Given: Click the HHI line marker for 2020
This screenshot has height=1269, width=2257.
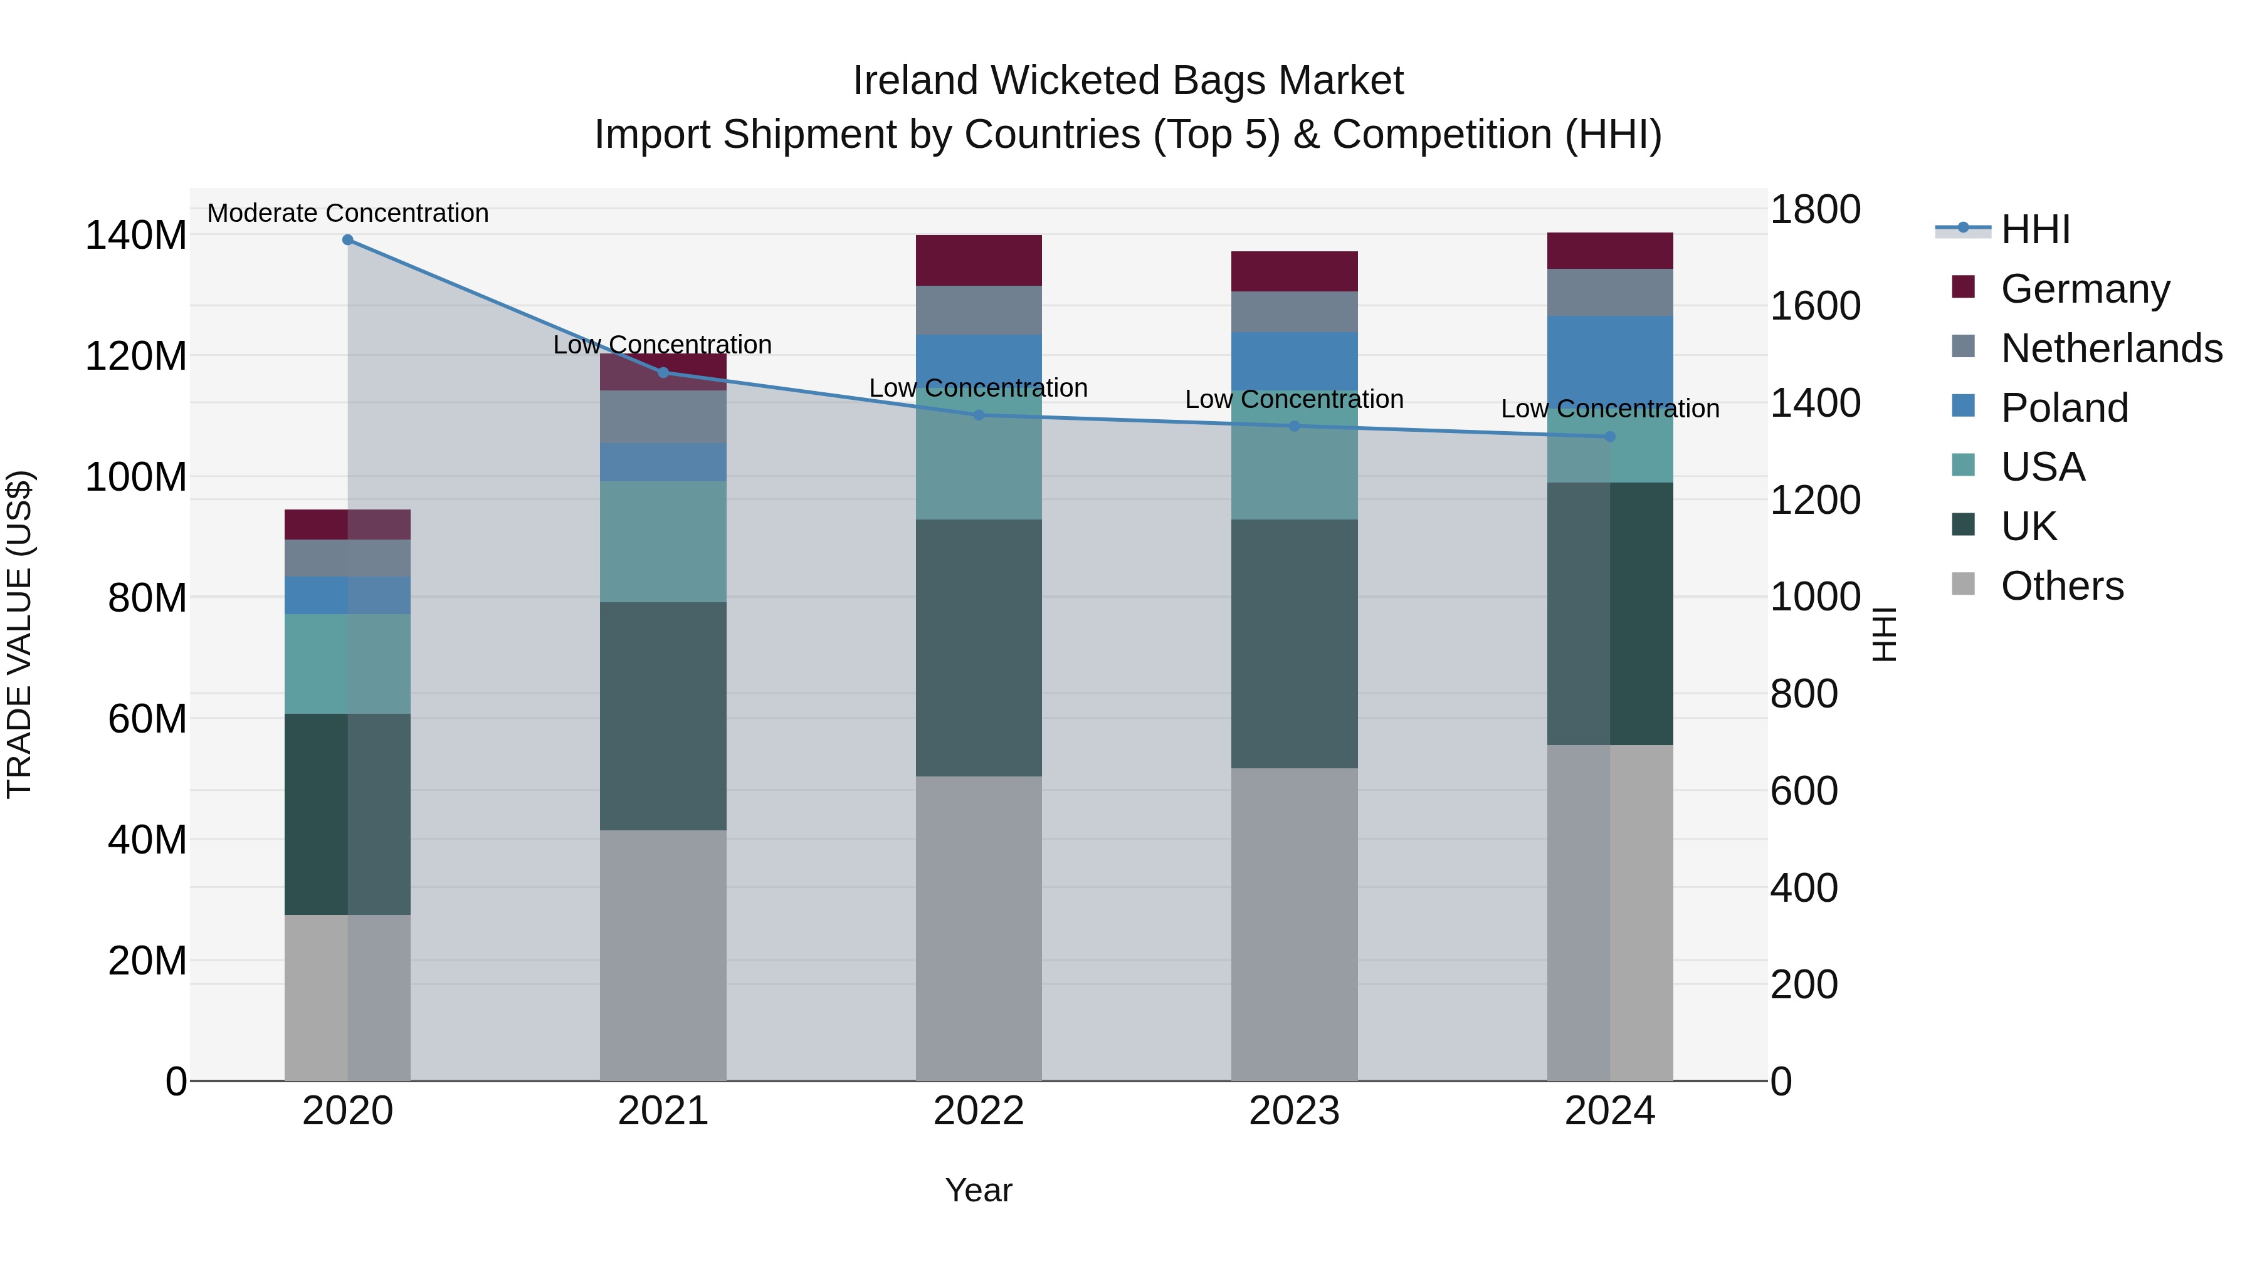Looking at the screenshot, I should click(x=348, y=240).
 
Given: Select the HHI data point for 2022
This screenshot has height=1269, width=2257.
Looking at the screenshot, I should click(x=979, y=415).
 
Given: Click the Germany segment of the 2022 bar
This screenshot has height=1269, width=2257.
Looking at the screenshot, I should click(x=979, y=260).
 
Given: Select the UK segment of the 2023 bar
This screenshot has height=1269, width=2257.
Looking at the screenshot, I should click(x=1294, y=644).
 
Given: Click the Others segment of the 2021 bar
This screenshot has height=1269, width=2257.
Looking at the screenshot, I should click(x=663, y=954).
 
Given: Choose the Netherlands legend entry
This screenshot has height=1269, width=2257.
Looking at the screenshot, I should click(x=2112, y=348).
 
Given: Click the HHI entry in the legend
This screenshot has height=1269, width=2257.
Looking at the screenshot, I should click(x=2035, y=229).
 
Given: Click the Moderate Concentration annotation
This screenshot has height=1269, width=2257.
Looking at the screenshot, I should click(x=348, y=213).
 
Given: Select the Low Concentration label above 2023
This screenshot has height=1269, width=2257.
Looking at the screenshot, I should click(x=1294, y=399).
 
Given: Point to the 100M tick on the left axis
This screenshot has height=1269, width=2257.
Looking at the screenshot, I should click(x=136, y=478).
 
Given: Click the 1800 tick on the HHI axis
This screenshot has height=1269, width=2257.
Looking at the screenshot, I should click(x=1814, y=210).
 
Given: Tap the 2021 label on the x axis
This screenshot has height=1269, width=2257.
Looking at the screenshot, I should click(x=663, y=1111).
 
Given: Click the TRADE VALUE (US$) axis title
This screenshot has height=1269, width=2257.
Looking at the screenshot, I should click(x=19, y=634).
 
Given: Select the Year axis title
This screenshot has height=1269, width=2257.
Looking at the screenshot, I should click(x=979, y=1190).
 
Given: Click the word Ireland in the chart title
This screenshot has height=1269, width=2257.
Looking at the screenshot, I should click(x=915, y=81).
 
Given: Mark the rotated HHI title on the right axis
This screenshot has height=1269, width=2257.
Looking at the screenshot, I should click(x=1884, y=634).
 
